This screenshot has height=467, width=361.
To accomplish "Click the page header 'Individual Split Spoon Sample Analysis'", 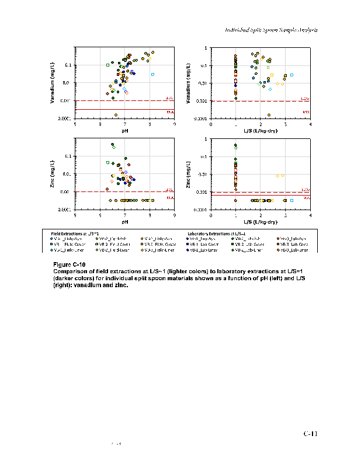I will coord(271,29).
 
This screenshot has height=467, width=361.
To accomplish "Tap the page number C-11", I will coord(310,434).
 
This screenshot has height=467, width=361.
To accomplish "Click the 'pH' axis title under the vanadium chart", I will coord(125,131).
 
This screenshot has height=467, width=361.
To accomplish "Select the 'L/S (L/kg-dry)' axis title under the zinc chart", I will coord(261,222).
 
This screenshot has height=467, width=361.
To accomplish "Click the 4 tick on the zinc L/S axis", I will coord(310,215).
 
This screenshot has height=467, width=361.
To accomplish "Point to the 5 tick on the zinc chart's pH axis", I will coord(75,215).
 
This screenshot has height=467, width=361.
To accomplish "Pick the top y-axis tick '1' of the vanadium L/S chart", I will coord(206,47).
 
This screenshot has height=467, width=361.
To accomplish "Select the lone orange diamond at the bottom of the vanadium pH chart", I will coord(116,115).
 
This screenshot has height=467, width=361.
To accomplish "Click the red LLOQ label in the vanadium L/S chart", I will coord(305,99).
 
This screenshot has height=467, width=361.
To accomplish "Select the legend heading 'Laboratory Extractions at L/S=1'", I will coord(216,233).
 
